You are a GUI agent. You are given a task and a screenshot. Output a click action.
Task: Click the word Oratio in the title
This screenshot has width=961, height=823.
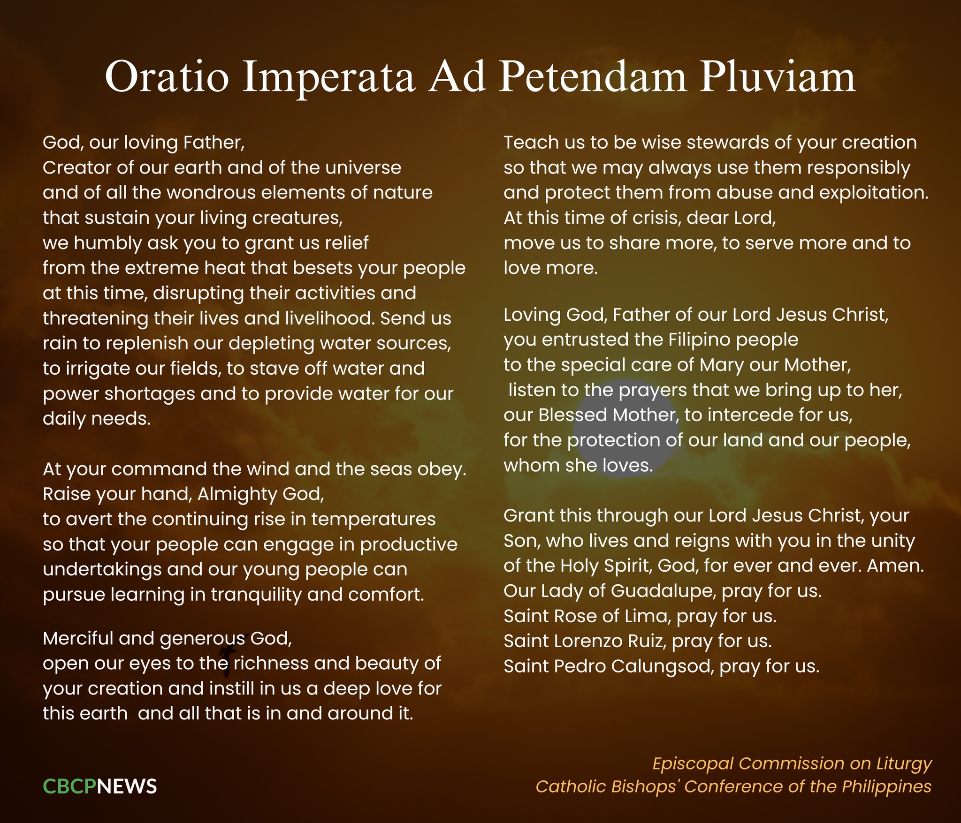pos(167,76)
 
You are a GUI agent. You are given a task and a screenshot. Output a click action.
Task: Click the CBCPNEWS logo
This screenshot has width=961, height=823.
pos(100,786)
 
